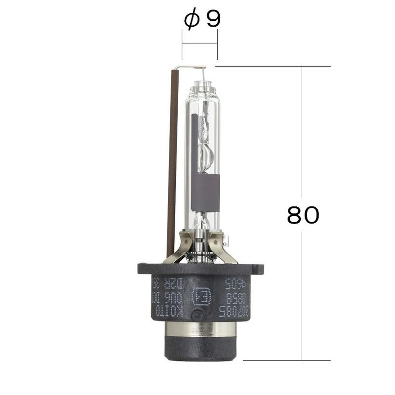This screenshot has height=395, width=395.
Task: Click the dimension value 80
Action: (303, 215)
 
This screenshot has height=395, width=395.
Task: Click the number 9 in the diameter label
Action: (213, 19)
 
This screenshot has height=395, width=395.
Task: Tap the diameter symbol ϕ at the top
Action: (191, 20)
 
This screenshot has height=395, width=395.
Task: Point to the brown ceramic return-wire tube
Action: (172, 163)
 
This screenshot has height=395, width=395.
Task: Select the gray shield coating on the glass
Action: (205, 193)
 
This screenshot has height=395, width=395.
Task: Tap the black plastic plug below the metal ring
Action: (200, 348)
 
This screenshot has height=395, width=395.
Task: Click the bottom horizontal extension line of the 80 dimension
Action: (286, 360)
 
